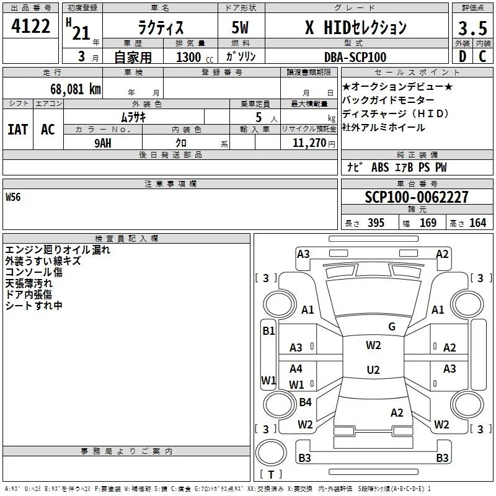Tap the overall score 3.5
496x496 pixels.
click(x=472, y=29)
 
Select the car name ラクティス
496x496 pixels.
click(x=159, y=27)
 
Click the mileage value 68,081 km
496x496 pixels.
click(x=71, y=89)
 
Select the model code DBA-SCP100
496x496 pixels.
click(x=355, y=57)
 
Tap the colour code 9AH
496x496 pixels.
click(x=103, y=142)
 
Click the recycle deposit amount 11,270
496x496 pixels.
click(x=309, y=143)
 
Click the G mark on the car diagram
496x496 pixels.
click(x=391, y=326)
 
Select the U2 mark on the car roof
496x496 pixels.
click(x=373, y=370)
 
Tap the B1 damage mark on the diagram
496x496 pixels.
click(x=268, y=331)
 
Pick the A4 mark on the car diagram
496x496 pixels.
click(x=296, y=369)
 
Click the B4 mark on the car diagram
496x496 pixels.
click(x=305, y=402)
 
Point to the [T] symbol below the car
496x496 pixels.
click(x=271, y=475)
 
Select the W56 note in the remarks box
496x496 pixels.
click(x=13, y=198)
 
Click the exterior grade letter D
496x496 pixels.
click(x=462, y=57)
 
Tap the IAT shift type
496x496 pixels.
click(x=17, y=129)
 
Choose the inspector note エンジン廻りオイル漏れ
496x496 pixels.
click(x=58, y=250)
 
